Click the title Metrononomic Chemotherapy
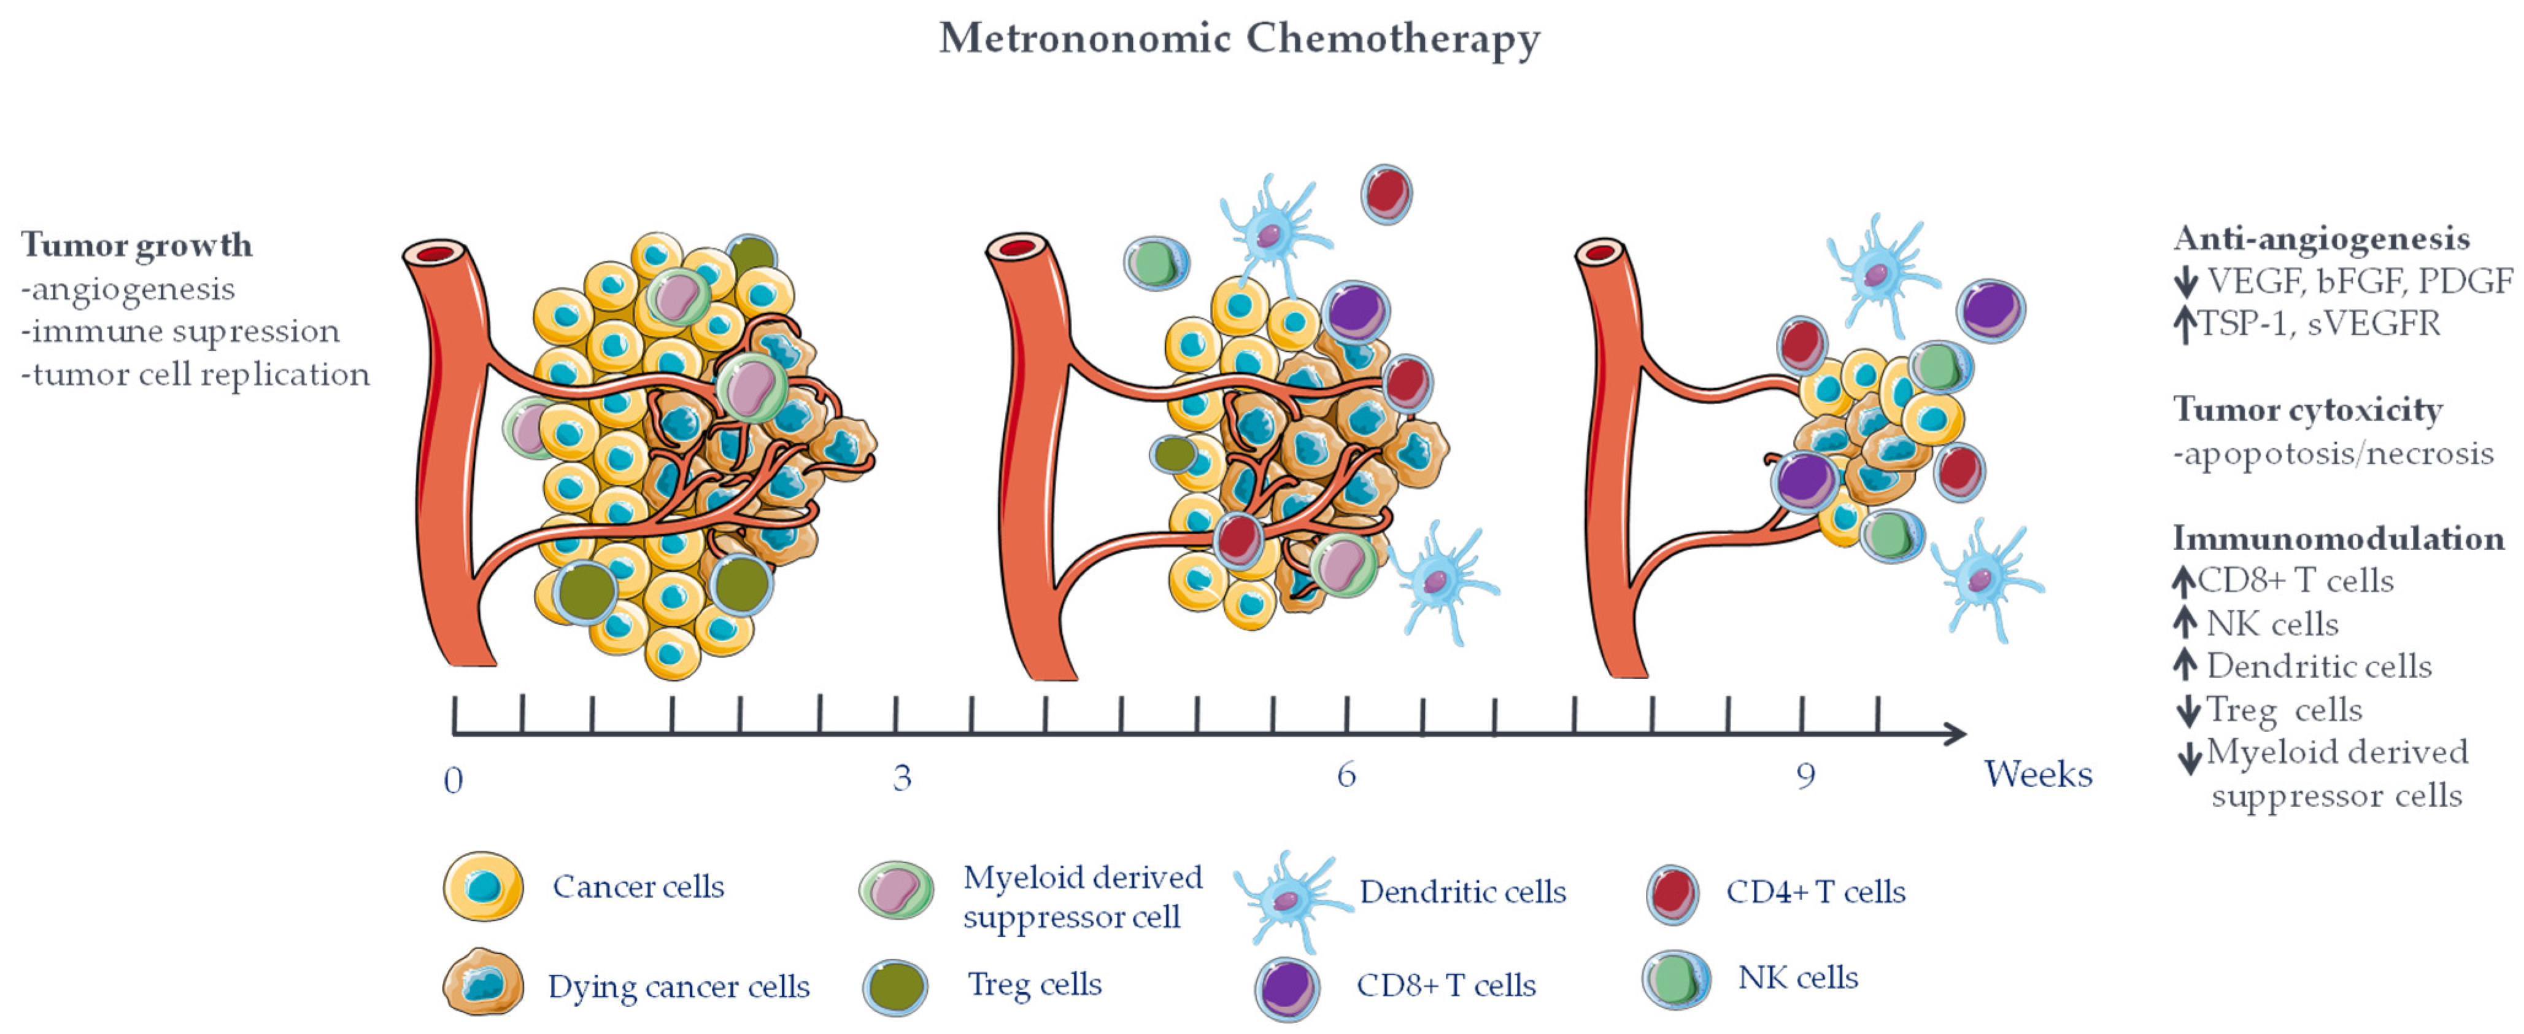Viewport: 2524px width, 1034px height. tap(1240, 39)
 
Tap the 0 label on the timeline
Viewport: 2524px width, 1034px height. tap(453, 781)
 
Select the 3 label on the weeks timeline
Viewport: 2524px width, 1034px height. tap(901, 777)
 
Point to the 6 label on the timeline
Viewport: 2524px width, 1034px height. tap(1346, 776)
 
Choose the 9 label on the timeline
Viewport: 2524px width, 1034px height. tap(1805, 776)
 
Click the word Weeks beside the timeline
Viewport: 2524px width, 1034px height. tap(2038, 774)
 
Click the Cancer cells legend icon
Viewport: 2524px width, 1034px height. tap(483, 886)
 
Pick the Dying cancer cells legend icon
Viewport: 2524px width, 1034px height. tap(482, 982)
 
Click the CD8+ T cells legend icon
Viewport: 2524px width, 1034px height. tap(1286, 988)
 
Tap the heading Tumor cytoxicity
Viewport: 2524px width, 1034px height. tap(2307, 410)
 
